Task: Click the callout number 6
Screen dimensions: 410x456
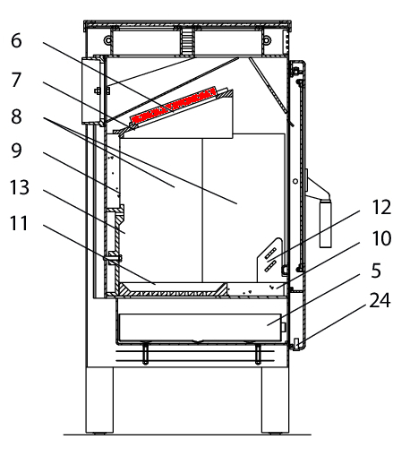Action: [16, 41]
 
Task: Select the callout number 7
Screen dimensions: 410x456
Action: [16, 80]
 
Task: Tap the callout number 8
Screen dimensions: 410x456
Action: [16, 116]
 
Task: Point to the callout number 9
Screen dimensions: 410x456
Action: [16, 151]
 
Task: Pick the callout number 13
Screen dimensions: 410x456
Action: [20, 187]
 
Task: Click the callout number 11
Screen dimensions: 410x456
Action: [19, 223]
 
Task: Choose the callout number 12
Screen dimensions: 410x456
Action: [381, 207]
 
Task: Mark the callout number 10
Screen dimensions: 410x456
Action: [381, 238]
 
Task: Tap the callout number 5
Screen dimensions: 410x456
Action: [376, 271]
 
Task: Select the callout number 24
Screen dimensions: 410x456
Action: [380, 300]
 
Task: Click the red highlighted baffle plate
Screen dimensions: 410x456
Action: [173, 106]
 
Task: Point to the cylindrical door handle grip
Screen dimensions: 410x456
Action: [325, 223]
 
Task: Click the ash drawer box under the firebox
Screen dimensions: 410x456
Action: [200, 327]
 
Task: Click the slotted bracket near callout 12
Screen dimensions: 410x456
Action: [269, 260]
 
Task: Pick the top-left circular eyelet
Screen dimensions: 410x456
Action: [107, 39]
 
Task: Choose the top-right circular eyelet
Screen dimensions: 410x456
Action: [267, 39]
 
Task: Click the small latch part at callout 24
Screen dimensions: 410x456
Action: [296, 344]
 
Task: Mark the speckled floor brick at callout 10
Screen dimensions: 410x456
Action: [256, 289]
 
